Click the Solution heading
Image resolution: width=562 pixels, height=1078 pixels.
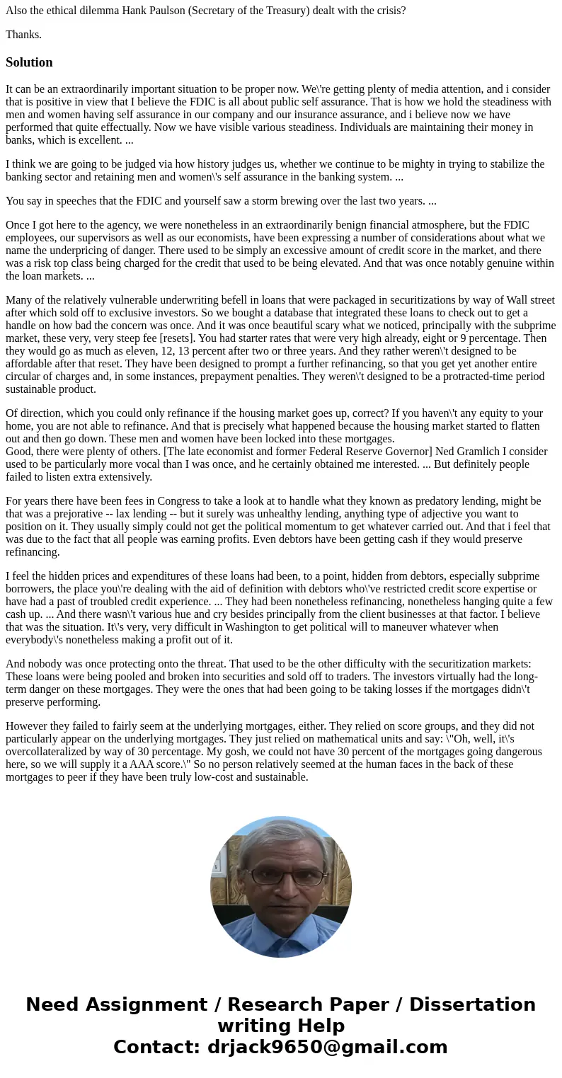pyautogui.click(x=29, y=62)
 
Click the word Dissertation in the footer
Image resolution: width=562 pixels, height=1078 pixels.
pyautogui.click(x=472, y=1004)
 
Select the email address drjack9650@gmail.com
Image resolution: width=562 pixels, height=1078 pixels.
pyautogui.click(x=327, y=1047)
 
